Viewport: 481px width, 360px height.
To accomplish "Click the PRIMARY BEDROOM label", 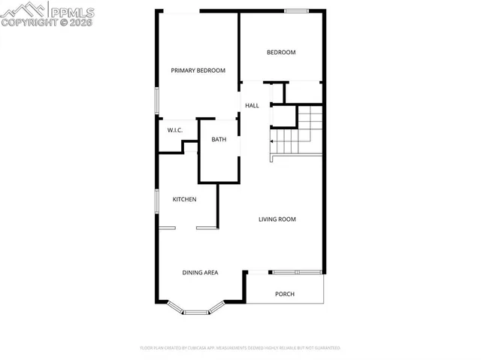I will pyautogui.click(x=198, y=71).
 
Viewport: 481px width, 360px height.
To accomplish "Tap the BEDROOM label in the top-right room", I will pyautogui.click(x=281, y=53).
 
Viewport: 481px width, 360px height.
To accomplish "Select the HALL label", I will pyautogui.click(x=252, y=105).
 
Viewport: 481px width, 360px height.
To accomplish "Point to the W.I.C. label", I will pyautogui.click(x=175, y=131).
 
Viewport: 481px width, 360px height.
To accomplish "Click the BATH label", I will pyautogui.click(x=219, y=140).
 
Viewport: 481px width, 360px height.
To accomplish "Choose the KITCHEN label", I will pyautogui.click(x=185, y=199).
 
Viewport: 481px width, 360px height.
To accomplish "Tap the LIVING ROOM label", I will pyautogui.click(x=277, y=219).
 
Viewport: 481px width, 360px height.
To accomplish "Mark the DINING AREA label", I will pyautogui.click(x=200, y=272).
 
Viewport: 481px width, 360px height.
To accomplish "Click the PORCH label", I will pyautogui.click(x=285, y=294).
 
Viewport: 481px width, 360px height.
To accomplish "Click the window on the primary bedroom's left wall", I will pyautogui.click(x=156, y=101).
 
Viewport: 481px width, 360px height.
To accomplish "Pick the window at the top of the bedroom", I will pyautogui.click(x=296, y=10).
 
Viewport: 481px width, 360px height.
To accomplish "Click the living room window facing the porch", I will pyautogui.click(x=296, y=271).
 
